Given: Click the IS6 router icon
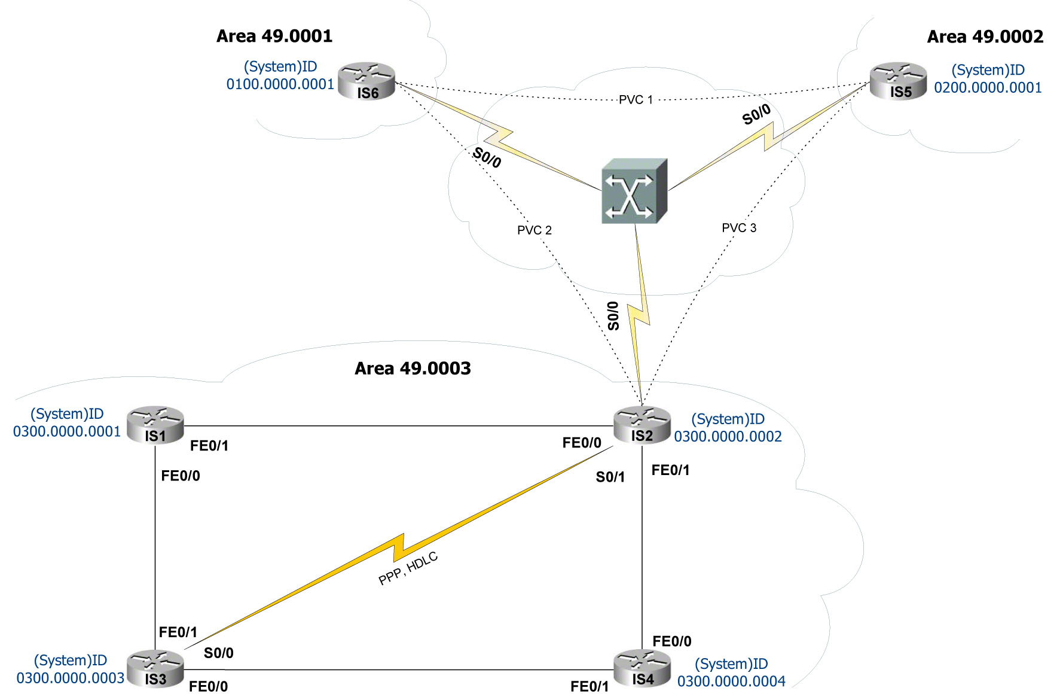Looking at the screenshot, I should [x=366, y=81].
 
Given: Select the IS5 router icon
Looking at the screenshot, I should [x=898, y=81].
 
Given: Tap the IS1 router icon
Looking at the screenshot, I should [x=155, y=425].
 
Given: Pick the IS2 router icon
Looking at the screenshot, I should [x=642, y=425].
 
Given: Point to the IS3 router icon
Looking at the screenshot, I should [x=155, y=669].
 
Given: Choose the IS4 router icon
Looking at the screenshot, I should [x=642, y=668].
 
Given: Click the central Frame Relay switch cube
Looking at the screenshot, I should [x=634, y=191].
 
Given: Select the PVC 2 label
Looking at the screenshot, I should [x=534, y=230].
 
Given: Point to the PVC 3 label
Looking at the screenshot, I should [x=739, y=228].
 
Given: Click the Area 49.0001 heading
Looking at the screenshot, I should [x=274, y=36].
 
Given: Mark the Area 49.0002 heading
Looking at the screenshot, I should [x=985, y=37].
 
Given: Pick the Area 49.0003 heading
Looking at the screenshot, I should [x=413, y=369].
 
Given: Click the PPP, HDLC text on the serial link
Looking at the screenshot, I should [x=408, y=568].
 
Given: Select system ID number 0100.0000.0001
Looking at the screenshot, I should [x=280, y=84].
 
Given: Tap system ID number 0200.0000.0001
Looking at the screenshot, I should [x=988, y=88].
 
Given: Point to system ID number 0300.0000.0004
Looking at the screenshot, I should [x=731, y=681].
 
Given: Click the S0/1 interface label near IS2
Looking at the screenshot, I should [x=610, y=477].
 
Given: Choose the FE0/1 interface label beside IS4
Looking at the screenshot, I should [x=589, y=687].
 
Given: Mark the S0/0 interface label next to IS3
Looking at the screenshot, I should [x=218, y=653].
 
